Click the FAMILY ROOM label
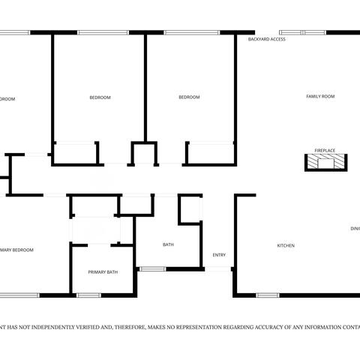click(x=319, y=97)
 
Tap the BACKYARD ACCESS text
click(x=266, y=38)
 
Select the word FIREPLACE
click(x=325, y=150)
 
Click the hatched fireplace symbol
click(x=325, y=162)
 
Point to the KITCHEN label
click(x=286, y=246)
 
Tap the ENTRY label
click(x=219, y=255)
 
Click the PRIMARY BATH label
click(x=103, y=272)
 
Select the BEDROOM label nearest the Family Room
click(x=189, y=97)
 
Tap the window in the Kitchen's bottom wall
click(x=268, y=295)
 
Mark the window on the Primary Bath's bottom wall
click(x=89, y=295)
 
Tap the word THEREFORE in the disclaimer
click(x=124, y=327)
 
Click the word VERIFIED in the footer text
click(x=86, y=327)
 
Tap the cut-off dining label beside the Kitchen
click(x=355, y=229)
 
